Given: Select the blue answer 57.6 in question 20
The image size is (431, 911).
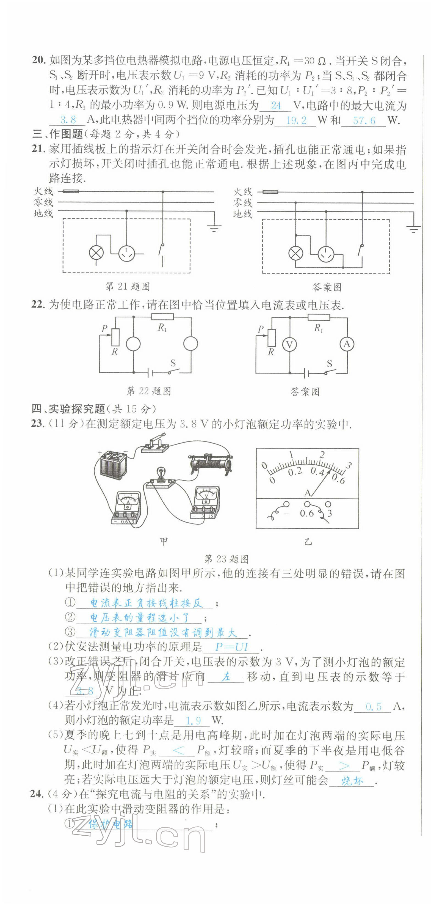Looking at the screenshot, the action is (x=364, y=120).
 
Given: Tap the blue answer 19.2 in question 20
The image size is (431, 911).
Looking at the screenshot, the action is (x=296, y=120).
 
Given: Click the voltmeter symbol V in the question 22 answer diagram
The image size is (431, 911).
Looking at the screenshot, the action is (x=289, y=344).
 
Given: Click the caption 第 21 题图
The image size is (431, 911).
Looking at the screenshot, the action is (x=128, y=286).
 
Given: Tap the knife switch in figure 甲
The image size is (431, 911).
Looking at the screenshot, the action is (x=154, y=443).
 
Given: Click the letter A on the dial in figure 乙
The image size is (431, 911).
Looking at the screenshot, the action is (x=307, y=493).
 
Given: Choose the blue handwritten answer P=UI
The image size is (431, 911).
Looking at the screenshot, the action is (x=231, y=647).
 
